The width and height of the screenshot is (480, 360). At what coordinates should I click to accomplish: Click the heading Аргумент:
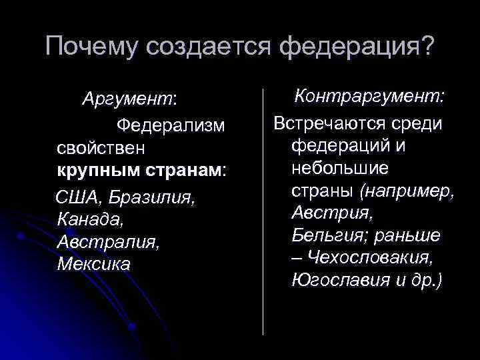coord(129,99)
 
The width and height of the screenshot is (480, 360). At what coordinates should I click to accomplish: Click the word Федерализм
coord(171,125)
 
